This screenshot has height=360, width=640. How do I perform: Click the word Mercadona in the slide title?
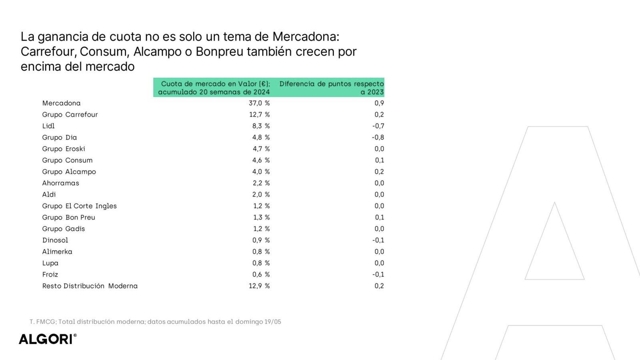click(306, 37)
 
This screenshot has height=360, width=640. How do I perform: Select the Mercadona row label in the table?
click(61, 103)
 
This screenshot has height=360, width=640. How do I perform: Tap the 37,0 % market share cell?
click(259, 103)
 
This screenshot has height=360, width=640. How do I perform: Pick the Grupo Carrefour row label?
click(70, 115)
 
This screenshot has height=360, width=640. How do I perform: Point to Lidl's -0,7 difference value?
click(378, 126)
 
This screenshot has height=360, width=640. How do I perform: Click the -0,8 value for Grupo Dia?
click(378, 138)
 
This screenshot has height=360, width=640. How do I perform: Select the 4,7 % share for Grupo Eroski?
click(261, 149)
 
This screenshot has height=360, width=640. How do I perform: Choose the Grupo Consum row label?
click(67, 160)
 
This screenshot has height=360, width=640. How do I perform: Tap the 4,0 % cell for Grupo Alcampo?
click(261, 172)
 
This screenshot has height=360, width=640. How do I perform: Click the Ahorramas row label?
click(61, 183)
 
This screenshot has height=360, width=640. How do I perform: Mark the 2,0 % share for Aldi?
click(261, 195)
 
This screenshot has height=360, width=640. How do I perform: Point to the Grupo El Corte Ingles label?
click(80, 206)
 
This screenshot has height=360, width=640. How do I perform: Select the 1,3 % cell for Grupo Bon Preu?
click(261, 218)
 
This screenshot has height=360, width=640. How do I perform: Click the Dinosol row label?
click(55, 240)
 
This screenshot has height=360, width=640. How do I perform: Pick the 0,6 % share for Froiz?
click(261, 275)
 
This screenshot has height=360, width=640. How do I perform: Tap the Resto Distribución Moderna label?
click(90, 286)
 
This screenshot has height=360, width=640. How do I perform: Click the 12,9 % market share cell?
click(259, 286)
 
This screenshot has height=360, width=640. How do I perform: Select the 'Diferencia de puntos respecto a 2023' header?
click(331, 88)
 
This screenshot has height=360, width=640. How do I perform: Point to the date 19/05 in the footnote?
click(273, 322)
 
